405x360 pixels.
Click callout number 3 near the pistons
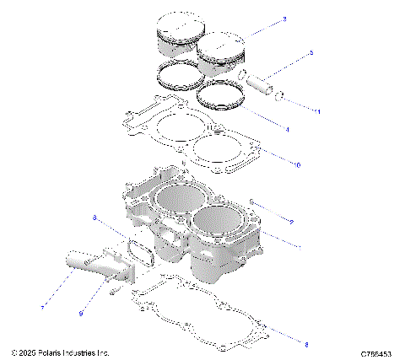pyautogui.click(x=285, y=19)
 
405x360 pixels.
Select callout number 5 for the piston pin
pyautogui.click(x=310, y=53)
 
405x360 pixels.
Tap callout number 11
pyautogui.click(x=317, y=111)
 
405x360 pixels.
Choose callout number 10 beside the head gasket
pyautogui.click(x=296, y=164)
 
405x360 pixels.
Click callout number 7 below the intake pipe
pyautogui.click(x=43, y=307)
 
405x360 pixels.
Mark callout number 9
pyautogui.click(x=82, y=314)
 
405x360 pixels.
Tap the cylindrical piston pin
pyautogui.click(x=257, y=83)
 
